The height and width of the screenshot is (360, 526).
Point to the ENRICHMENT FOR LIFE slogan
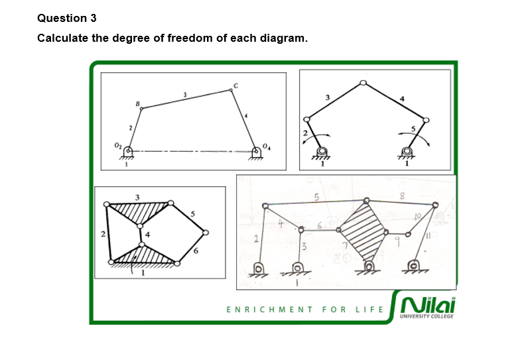(306, 310)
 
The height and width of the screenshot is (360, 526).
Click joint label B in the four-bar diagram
(137, 103)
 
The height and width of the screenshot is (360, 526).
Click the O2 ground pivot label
(117, 147)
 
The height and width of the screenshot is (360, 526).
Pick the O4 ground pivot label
(267, 146)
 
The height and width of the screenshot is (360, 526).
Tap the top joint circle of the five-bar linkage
(362, 84)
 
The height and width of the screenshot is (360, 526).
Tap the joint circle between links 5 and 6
(206, 233)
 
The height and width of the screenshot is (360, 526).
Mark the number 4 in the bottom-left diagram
(148, 233)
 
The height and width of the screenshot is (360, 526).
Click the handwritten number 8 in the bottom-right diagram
(402, 195)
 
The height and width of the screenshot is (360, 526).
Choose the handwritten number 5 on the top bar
(317, 197)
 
